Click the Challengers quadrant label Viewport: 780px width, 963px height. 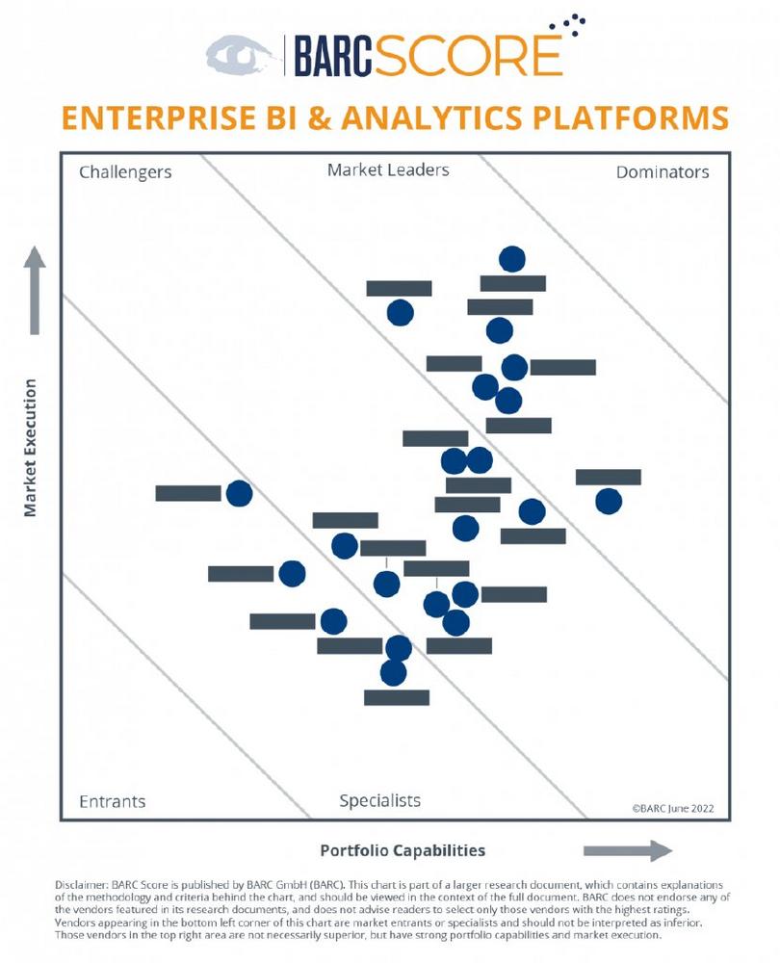pos(125,172)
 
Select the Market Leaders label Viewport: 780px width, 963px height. pos(388,170)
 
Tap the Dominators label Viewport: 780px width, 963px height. pos(663,172)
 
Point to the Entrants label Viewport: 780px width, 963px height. pos(113,801)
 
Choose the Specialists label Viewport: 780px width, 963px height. pos(380,800)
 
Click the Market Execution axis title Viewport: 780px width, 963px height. pos(31,448)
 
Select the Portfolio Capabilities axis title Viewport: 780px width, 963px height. pos(403,850)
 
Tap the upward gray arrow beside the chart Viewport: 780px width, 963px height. pos(35,290)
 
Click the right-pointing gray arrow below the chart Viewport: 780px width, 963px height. pos(628,850)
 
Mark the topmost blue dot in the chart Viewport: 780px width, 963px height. pos(512,259)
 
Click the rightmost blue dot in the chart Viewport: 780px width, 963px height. pos(608,501)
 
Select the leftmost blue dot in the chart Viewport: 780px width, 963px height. pos(239,493)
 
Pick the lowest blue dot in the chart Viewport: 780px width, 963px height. pos(393,672)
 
